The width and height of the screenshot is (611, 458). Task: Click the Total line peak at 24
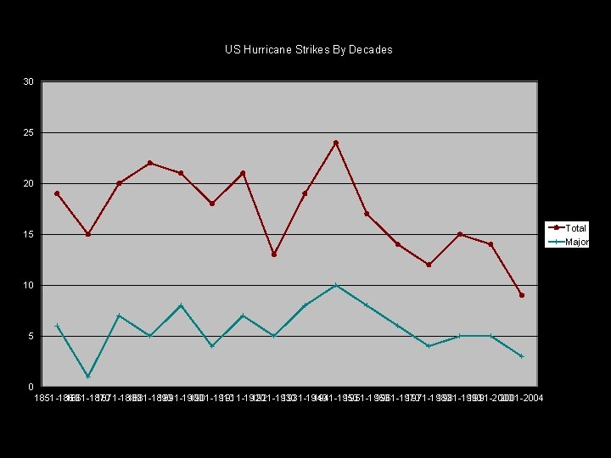[x=336, y=142]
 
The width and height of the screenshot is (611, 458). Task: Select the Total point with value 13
[x=274, y=254]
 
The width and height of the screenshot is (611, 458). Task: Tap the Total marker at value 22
[x=149, y=163]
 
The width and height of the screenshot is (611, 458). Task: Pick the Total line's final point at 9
[x=522, y=295]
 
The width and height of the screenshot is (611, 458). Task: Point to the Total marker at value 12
[x=429, y=265]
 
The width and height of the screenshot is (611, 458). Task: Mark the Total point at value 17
[x=367, y=214]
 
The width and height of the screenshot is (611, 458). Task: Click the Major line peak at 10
[x=336, y=285]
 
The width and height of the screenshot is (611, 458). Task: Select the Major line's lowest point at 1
[x=87, y=377]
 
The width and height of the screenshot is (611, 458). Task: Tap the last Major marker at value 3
[x=522, y=356]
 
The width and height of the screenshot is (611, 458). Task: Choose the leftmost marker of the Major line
[x=57, y=326]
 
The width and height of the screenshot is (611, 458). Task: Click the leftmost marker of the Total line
[x=57, y=193]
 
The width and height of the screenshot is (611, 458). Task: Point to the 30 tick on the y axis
[x=29, y=81]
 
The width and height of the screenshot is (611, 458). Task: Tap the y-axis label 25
[x=29, y=132]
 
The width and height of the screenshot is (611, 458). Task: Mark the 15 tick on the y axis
[x=29, y=234]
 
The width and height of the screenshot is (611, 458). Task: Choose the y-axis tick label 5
[x=31, y=336]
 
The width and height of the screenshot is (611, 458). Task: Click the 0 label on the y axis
[x=31, y=387]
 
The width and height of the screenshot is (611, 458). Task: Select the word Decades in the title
[x=371, y=49]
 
